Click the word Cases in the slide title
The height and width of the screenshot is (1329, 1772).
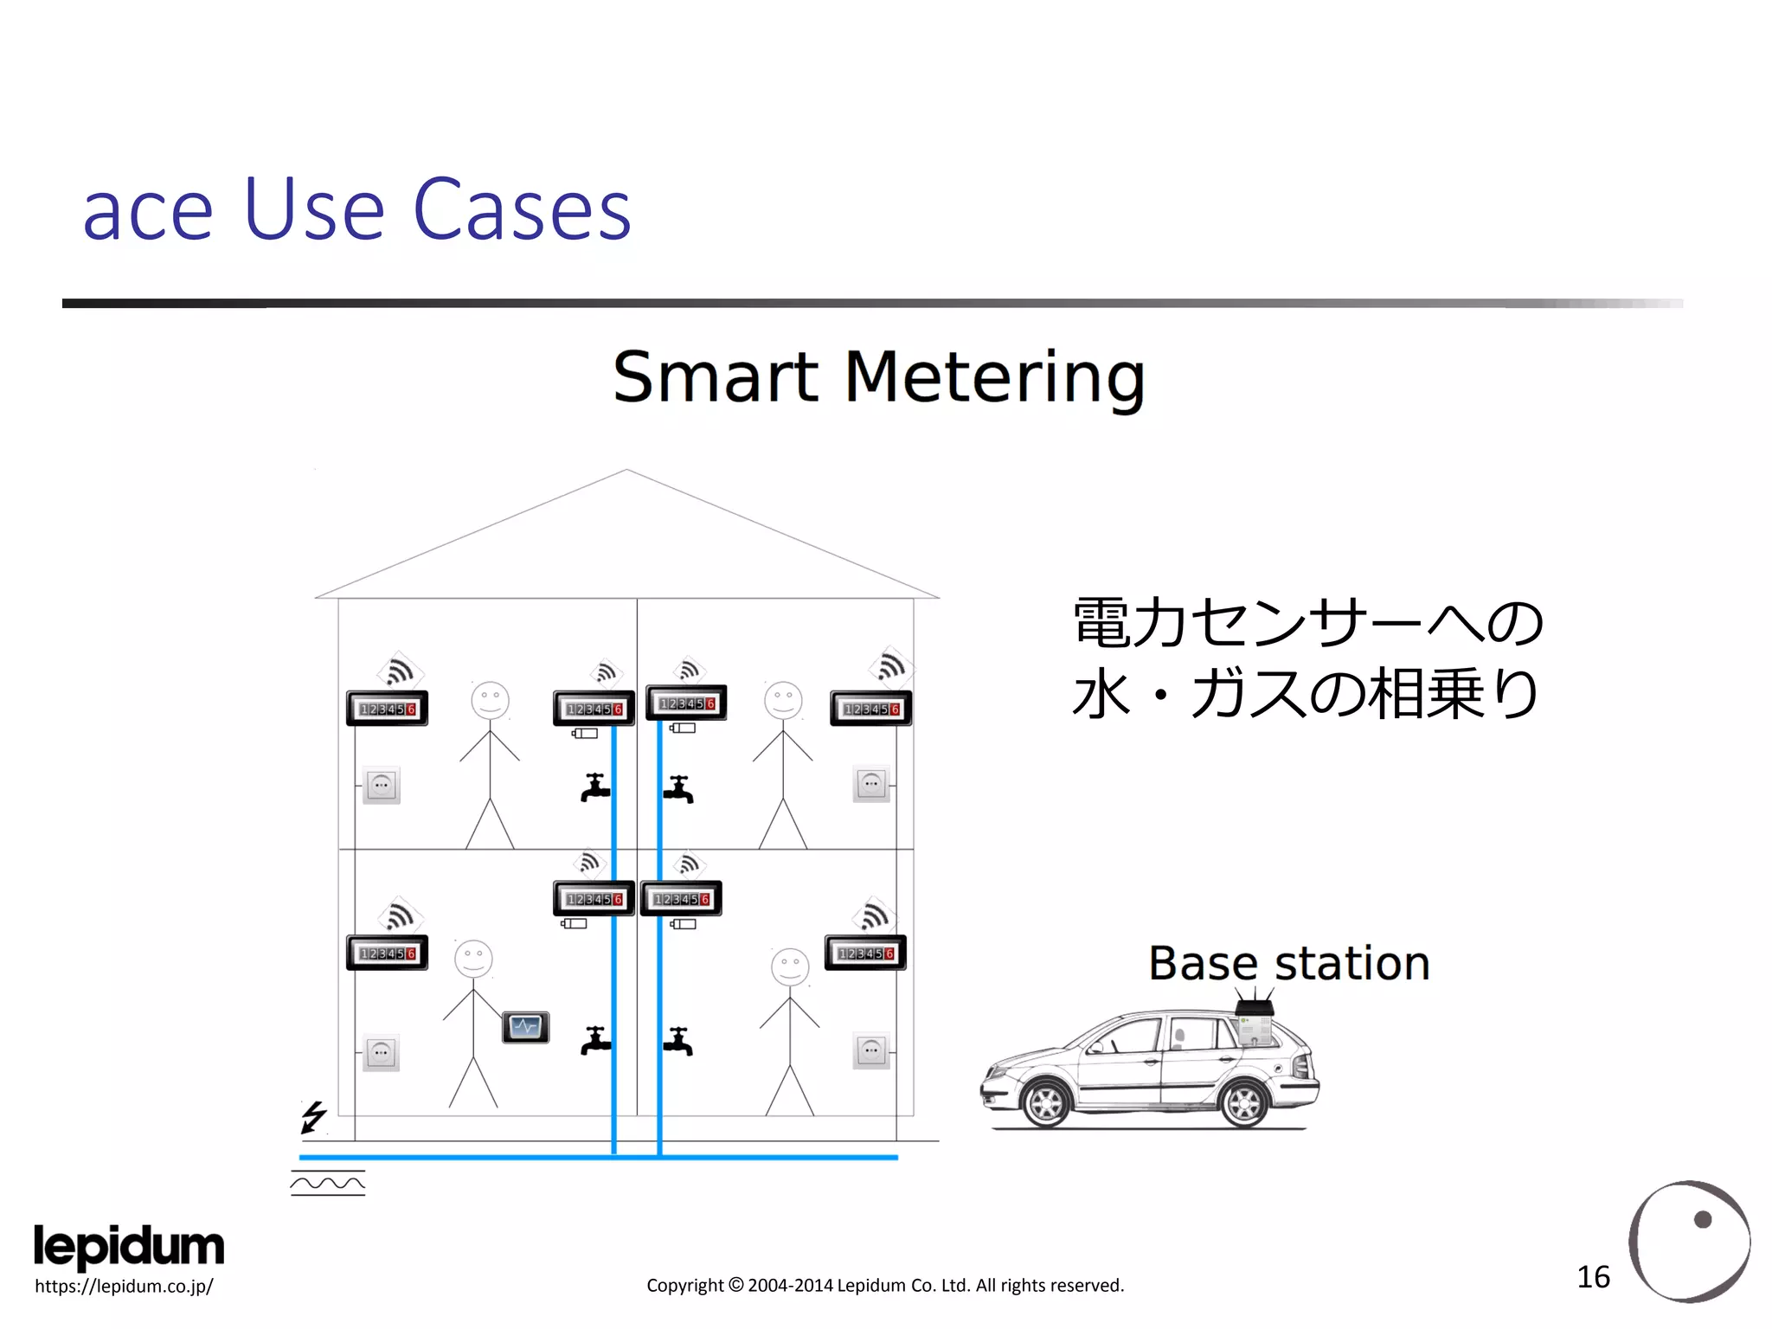pos(522,210)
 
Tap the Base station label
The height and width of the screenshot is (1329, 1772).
pos(1288,963)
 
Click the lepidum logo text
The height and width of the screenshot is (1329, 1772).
pos(129,1246)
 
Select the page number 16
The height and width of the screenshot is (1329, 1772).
pos(1593,1277)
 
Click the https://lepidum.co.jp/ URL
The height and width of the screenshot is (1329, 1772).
pos(124,1287)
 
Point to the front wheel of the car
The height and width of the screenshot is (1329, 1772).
pos(1046,1102)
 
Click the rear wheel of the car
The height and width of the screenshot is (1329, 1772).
pos(1244,1102)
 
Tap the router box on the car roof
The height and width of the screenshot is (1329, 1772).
pos(1255,1009)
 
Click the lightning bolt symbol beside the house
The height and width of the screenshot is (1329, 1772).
pos(313,1116)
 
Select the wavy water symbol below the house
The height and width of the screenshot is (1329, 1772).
pos(328,1183)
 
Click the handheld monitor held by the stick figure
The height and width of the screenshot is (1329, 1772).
pos(525,1027)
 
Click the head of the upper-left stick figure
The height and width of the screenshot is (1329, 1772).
pos(490,700)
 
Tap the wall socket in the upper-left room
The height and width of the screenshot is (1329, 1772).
pos(382,786)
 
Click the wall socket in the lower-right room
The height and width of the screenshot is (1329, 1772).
pos(871,1050)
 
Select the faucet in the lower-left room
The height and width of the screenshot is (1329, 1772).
pos(595,1041)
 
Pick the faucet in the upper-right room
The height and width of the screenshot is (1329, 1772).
pos(678,789)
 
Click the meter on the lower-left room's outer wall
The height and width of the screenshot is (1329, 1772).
pos(387,953)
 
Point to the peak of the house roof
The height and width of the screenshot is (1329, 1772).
pos(627,472)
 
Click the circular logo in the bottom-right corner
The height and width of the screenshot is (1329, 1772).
pos(1689,1241)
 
